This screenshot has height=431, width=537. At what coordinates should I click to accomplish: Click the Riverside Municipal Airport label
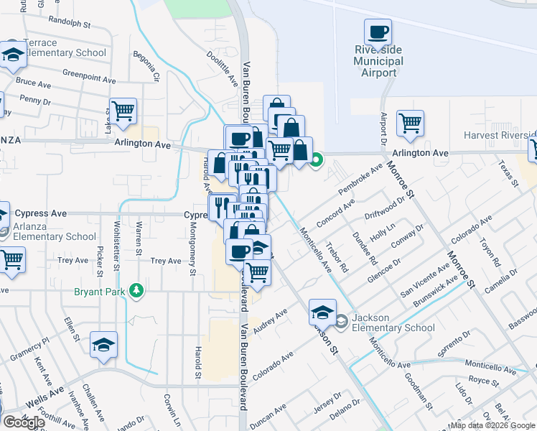click(378, 61)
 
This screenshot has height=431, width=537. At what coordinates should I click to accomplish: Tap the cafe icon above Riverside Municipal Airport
click(378, 32)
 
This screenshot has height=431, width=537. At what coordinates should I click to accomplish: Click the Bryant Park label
click(99, 292)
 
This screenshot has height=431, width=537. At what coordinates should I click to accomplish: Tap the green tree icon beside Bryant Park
click(134, 291)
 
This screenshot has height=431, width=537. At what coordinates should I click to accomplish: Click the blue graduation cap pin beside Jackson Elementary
click(323, 312)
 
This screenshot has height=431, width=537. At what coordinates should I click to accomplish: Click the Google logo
click(24, 422)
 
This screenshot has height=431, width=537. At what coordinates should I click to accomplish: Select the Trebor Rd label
click(336, 258)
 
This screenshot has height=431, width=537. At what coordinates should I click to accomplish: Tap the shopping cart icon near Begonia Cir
click(123, 111)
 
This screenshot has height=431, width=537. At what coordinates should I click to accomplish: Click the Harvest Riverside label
click(500, 135)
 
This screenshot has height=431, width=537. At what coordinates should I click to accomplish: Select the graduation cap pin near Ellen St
click(104, 344)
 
